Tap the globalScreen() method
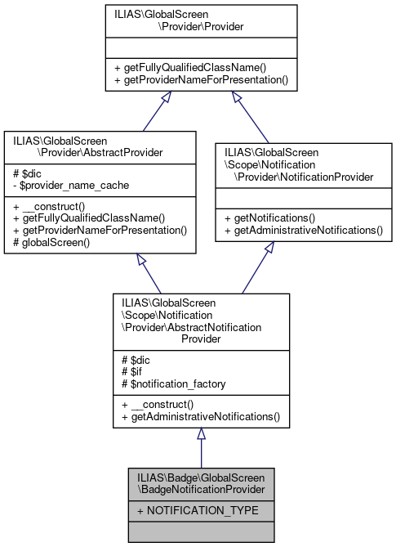click(x=51, y=242)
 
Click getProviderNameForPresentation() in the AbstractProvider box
click(x=100, y=231)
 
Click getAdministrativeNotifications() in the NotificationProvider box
click(x=304, y=231)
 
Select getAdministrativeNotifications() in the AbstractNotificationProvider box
click(x=200, y=417)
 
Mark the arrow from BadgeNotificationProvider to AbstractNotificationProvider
click(x=201, y=450)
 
